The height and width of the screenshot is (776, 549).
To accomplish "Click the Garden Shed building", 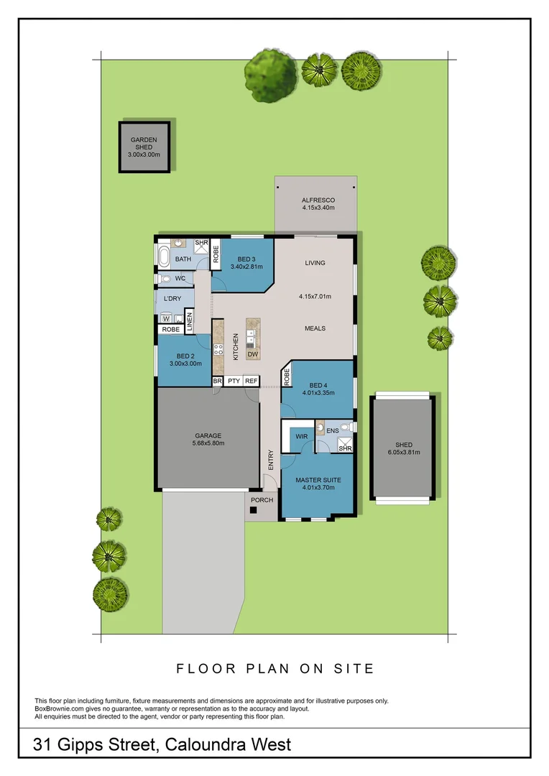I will [144, 147].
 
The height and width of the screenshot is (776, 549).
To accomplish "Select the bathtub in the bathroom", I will [165, 257].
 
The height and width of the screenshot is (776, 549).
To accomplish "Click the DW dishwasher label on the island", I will [252, 354].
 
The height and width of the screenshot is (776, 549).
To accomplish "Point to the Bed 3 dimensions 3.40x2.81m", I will [246, 267].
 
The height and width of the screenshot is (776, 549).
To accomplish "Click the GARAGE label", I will [208, 435].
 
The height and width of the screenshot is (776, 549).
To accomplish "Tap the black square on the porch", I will [253, 511].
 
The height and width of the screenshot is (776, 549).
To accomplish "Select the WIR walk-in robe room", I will [298, 437].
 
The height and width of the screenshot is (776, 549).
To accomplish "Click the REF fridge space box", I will [251, 382].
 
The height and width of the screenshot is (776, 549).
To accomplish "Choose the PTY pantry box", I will [234, 382].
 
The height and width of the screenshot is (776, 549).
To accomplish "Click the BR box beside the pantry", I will [217, 382].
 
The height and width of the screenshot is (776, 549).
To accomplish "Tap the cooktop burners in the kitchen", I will [218, 351].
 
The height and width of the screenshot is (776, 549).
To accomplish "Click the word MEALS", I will [315, 328].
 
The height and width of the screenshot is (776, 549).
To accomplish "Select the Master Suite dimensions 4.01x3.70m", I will [318, 489].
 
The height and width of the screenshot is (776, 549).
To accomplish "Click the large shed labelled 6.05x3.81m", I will [402, 447].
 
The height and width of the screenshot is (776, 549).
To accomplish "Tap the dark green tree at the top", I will [270, 71].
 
